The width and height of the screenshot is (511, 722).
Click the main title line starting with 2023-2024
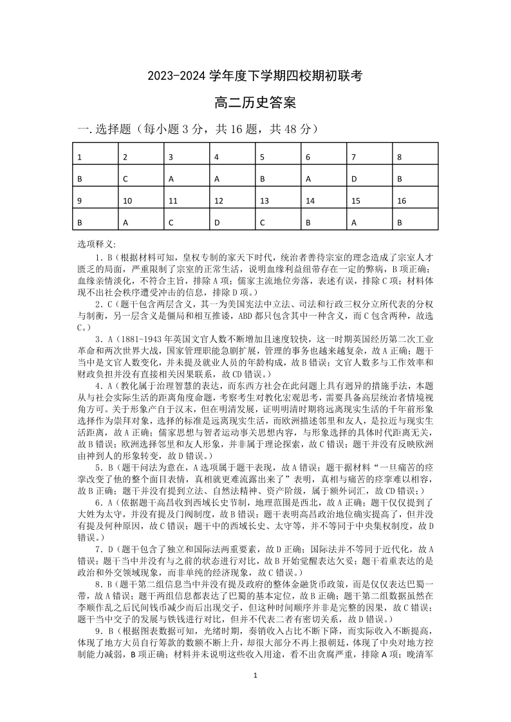pos(256,76)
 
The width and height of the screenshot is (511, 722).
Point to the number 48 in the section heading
pos(290,129)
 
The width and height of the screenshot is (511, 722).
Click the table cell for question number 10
pos(127,201)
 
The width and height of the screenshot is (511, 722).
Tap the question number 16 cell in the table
pos(402,201)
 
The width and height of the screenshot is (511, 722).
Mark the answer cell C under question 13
pos(263,223)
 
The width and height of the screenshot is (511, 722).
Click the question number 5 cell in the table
pos(263,157)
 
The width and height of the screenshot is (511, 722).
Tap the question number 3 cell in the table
pos(171,157)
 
